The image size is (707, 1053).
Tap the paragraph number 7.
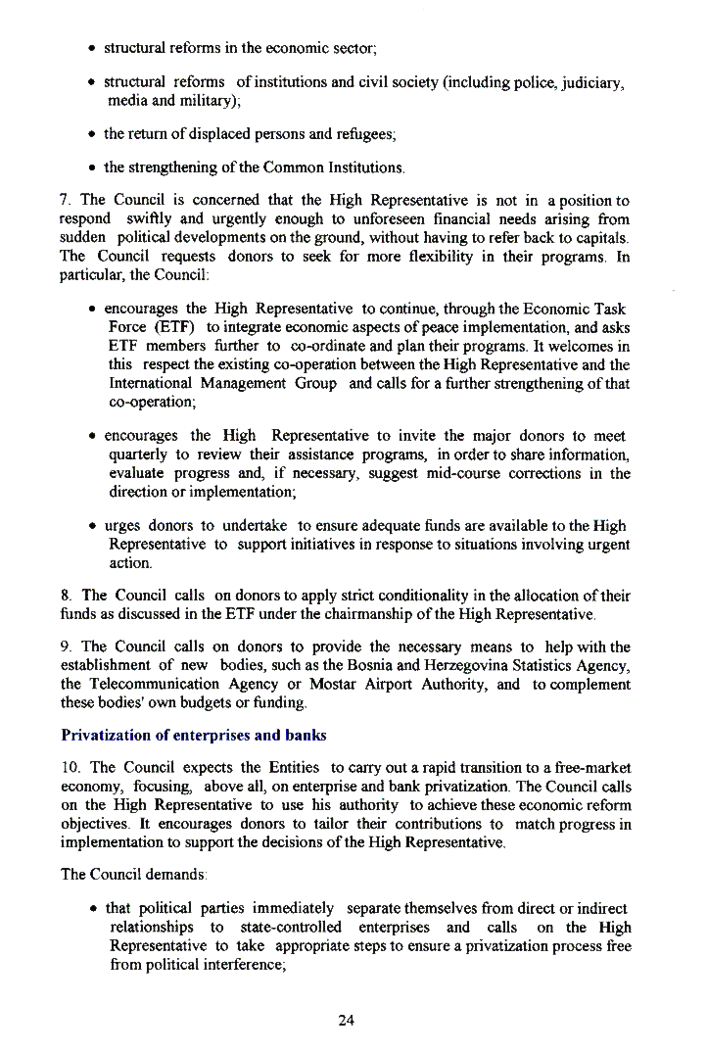click(x=64, y=201)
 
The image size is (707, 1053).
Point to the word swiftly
click(x=159, y=220)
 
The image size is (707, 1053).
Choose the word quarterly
click(x=137, y=454)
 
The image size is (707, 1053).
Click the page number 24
click(x=346, y=1020)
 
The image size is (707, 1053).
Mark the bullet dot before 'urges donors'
click(x=90, y=527)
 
